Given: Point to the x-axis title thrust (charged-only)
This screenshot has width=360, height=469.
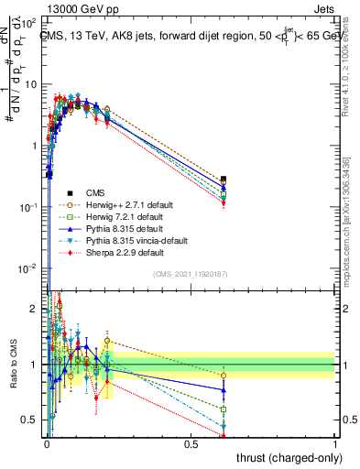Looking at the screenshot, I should click(283, 457).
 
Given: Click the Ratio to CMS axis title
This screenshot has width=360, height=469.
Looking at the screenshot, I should click(12, 366).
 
